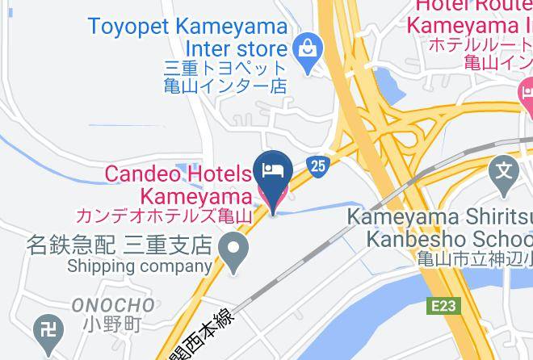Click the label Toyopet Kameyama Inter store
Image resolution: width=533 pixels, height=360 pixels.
(x=187, y=37)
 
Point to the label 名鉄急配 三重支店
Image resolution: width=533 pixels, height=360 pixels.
(x=118, y=243)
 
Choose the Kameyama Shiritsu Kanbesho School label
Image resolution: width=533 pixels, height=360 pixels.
(x=439, y=228)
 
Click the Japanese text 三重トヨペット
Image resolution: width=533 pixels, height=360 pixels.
(x=225, y=67)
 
